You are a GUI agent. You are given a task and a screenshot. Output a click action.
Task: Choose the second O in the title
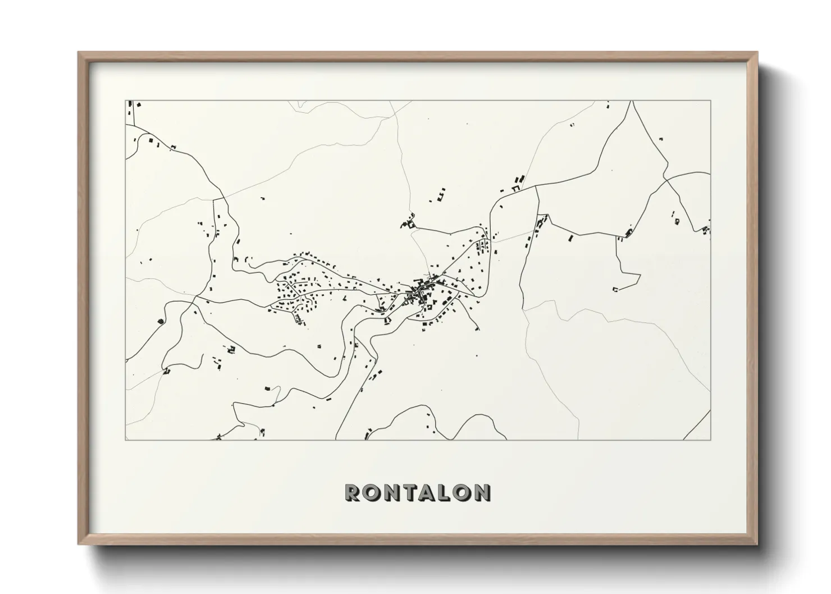461,492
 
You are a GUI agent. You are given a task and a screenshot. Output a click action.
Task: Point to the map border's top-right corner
710,101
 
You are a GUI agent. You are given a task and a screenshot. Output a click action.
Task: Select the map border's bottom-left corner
126,440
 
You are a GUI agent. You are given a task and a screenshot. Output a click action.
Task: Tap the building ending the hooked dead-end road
615,289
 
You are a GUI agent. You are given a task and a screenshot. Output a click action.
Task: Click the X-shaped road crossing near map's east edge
666,179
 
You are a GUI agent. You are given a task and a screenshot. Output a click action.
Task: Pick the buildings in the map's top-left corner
133,105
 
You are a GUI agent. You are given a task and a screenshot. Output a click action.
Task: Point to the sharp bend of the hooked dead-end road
640,275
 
